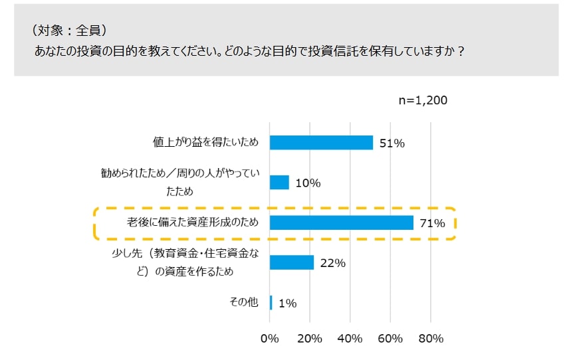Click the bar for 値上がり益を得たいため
click(x=322, y=143)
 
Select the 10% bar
click(x=280, y=183)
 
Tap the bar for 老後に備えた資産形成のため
click(x=342, y=223)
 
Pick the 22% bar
click(x=292, y=262)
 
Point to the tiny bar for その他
click(x=271, y=303)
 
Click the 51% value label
click(x=392, y=143)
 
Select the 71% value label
click(x=432, y=223)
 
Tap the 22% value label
click(x=332, y=263)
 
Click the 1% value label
click(x=287, y=304)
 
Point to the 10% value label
click(x=308, y=183)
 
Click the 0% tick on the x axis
click(x=270, y=339)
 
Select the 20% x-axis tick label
click(x=310, y=339)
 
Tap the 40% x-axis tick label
click(x=350, y=339)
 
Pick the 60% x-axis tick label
click(x=390, y=339)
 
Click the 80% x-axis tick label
click(x=431, y=339)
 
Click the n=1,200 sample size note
click(x=423, y=100)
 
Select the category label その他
click(x=243, y=303)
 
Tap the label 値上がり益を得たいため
click(x=205, y=143)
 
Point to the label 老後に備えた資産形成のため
click(x=193, y=223)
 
